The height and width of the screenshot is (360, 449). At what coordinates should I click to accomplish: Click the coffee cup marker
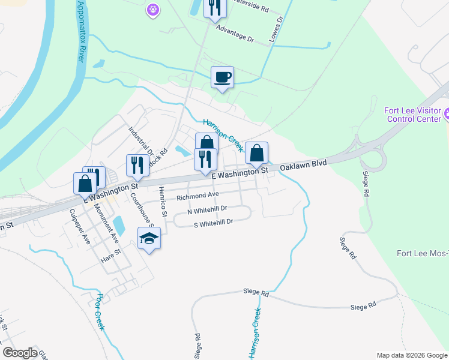point(222,77)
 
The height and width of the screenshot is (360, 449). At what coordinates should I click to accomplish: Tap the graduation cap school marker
point(149,239)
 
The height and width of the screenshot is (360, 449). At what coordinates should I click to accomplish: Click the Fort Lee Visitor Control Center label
point(415,114)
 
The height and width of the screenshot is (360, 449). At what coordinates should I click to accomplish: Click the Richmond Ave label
point(197,196)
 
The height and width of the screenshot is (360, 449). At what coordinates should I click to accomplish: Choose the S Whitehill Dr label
point(212,223)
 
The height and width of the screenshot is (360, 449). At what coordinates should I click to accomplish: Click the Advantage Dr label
point(235,32)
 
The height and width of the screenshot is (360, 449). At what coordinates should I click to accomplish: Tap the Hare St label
point(107,255)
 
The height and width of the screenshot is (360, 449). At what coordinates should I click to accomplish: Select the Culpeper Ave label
point(79,226)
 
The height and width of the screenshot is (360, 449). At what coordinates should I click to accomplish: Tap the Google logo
point(20,353)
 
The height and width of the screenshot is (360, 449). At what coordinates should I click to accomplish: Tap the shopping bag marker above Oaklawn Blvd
point(256,154)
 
